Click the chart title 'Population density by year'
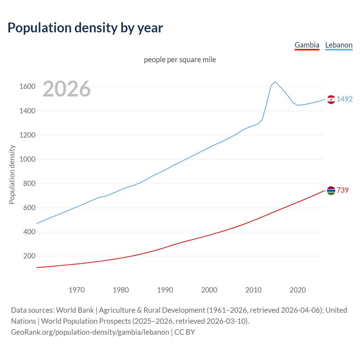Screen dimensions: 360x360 [x=85, y=28]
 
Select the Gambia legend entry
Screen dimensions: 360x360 [x=307, y=45]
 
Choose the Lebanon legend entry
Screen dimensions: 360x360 [x=339, y=45]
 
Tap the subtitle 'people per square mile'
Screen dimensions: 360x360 [x=180, y=60]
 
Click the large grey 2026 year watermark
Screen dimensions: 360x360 [x=67, y=89]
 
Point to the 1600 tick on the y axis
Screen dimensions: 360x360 [x=27, y=87]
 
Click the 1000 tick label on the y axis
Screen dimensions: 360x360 [x=27, y=159]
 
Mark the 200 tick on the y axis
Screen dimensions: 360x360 [x=29, y=256]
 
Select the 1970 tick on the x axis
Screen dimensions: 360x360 [x=76, y=290]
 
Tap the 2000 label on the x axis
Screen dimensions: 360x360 [x=209, y=290]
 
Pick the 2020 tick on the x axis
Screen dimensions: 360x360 [x=298, y=290]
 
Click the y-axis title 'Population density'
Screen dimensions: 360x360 [x=12, y=174]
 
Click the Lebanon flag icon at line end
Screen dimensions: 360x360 [x=331, y=100]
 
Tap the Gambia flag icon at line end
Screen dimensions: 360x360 [x=331, y=191]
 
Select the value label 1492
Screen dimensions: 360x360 [x=345, y=99]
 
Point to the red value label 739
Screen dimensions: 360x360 [x=342, y=190]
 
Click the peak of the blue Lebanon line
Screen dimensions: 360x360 [x=275, y=82]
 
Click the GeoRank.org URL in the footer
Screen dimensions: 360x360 [x=90, y=332]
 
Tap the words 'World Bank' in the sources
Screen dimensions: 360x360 [x=75, y=310]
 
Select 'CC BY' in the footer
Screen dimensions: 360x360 [x=184, y=332]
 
